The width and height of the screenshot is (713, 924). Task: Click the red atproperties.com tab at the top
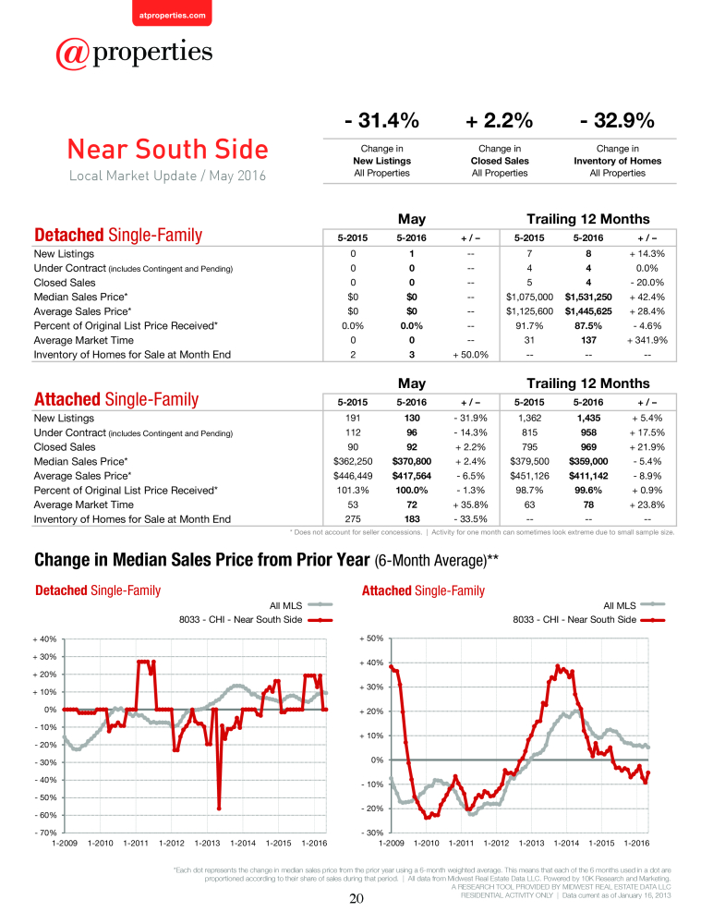(x=172, y=14)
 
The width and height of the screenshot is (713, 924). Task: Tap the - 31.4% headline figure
(x=381, y=120)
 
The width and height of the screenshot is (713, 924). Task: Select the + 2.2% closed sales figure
(x=499, y=120)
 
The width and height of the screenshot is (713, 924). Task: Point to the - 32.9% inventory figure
(x=617, y=120)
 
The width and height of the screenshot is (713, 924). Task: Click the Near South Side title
(x=168, y=149)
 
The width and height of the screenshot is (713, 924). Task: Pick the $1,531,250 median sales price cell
(x=588, y=297)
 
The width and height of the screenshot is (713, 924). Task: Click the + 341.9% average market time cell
(x=647, y=340)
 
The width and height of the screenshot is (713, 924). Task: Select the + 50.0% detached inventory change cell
(x=470, y=355)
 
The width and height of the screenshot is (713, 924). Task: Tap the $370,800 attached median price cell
(x=411, y=461)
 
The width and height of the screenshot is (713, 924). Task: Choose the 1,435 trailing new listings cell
(x=588, y=418)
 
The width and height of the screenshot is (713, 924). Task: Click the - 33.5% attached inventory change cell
(x=470, y=519)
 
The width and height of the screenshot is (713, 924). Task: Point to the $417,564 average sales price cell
(x=411, y=476)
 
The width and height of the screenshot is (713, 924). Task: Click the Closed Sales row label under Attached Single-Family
(x=65, y=447)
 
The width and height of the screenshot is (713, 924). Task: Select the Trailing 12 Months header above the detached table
(x=588, y=219)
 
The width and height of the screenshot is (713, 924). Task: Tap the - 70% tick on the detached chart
(x=44, y=833)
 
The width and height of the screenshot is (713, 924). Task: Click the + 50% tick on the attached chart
(x=371, y=638)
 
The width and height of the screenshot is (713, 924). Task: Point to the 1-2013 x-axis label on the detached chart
(x=208, y=844)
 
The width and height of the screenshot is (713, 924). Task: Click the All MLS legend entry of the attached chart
(x=634, y=605)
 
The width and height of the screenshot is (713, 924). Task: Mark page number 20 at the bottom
(x=356, y=899)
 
